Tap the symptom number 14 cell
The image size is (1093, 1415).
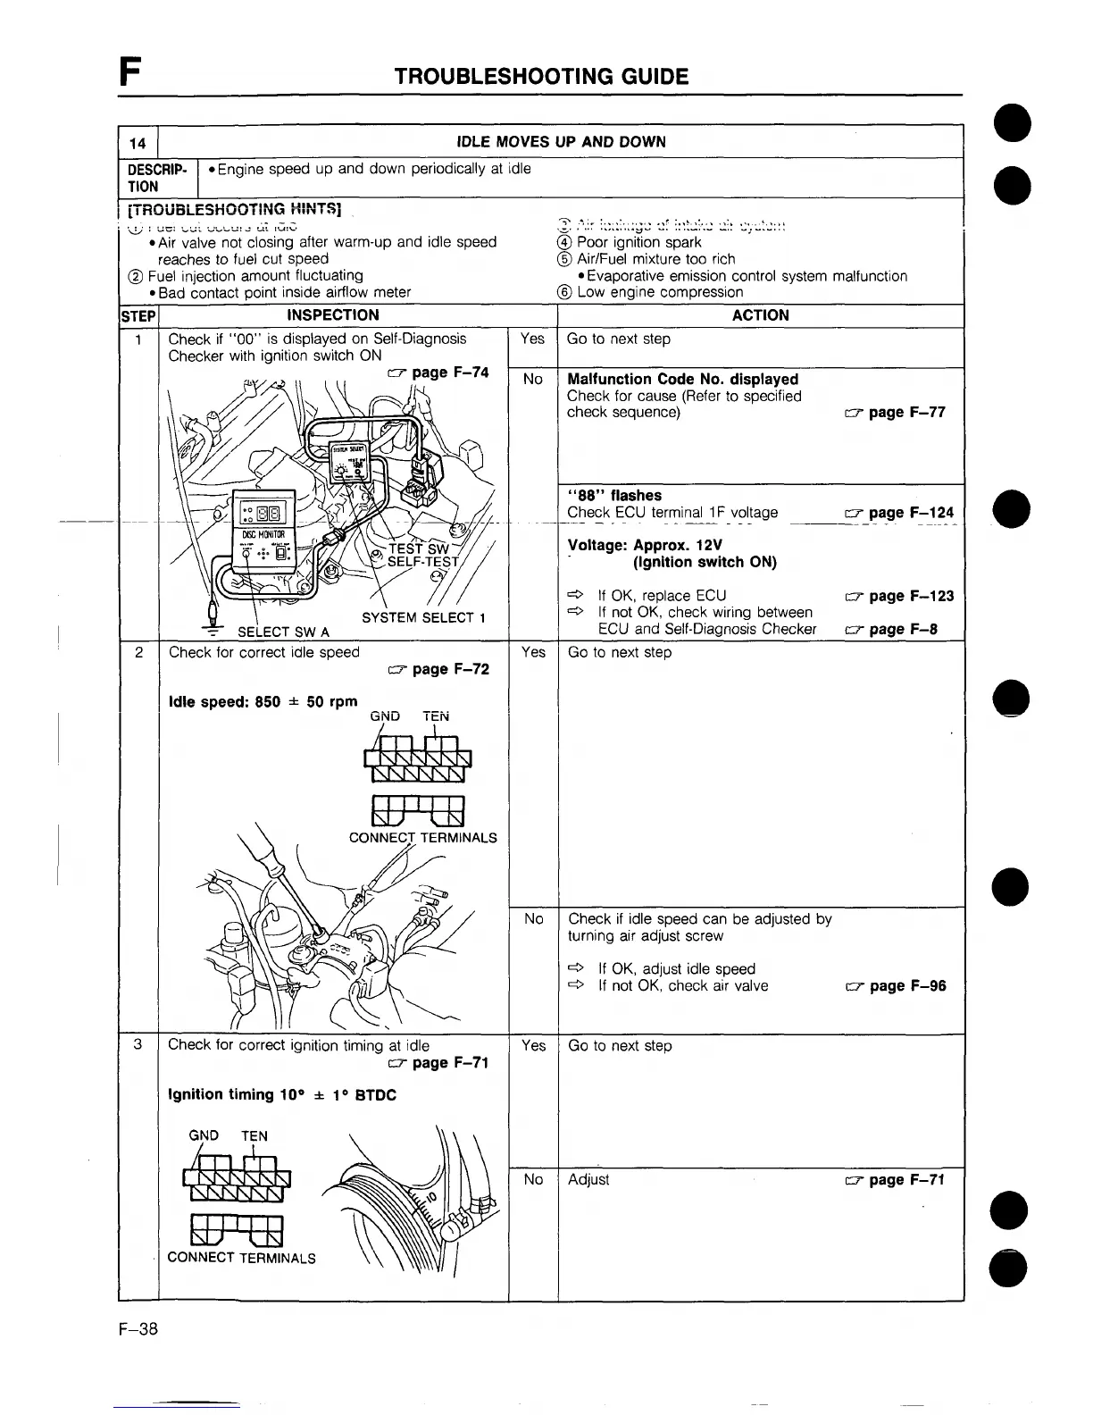[138, 142]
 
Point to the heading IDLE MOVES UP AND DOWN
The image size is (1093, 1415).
[561, 142]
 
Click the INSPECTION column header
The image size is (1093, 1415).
[332, 315]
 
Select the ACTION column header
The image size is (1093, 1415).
[760, 315]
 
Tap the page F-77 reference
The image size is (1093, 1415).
[895, 413]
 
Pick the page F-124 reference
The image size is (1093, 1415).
[898, 513]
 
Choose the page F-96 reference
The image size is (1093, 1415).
[896, 986]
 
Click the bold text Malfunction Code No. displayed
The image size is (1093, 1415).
[682, 380]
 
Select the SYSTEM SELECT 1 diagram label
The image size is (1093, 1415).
[423, 618]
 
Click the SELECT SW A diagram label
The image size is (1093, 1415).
[283, 633]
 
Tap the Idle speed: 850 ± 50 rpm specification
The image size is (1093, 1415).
[263, 702]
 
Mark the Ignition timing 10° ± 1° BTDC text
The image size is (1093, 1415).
[282, 1095]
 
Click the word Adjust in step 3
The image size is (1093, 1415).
[588, 1180]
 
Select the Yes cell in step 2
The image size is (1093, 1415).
[533, 653]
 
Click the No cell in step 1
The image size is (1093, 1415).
[533, 380]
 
